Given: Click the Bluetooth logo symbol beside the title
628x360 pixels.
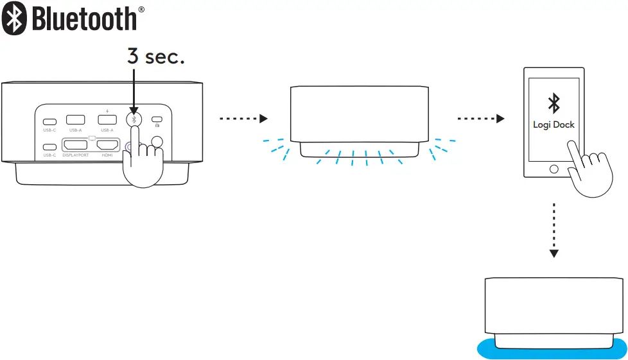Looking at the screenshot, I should tap(14, 17).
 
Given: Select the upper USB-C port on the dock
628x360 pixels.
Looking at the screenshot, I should tap(49, 121).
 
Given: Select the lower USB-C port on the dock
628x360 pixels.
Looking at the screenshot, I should tap(49, 146).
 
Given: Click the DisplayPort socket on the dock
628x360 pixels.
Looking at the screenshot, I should tap(76, 146).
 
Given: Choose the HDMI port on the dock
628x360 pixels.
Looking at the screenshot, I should tap(107, 146).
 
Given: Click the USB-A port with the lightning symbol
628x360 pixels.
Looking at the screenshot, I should tap(107, 119).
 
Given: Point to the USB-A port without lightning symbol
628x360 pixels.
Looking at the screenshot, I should tap(76, 119).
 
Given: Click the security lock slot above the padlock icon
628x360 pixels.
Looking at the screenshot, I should tap(156, 119).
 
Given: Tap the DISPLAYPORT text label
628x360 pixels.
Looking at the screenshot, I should tap(75, 155).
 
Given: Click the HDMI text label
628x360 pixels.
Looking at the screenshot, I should tap(107, 155).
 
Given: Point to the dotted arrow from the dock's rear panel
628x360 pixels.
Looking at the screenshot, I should tap(242, 119).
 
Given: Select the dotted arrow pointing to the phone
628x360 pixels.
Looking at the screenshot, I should tap(480, 119).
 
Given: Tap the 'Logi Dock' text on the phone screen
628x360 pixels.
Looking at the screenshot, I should tap(553, 124).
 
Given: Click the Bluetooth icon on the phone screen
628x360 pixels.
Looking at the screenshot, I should tap(553, 103).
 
